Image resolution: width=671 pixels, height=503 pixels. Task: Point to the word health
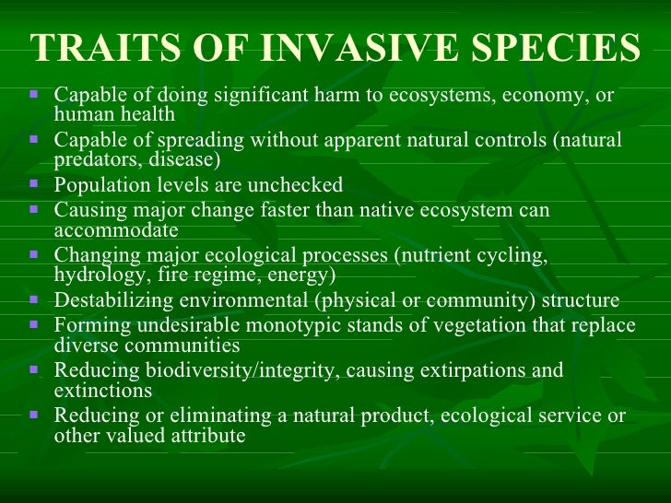(x=150, y=113)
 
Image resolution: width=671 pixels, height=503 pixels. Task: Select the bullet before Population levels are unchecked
(x=34, y=184)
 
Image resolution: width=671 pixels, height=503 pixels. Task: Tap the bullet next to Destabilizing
(x=34, y=299)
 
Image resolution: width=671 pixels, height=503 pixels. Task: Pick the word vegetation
(x=491, y=325)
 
